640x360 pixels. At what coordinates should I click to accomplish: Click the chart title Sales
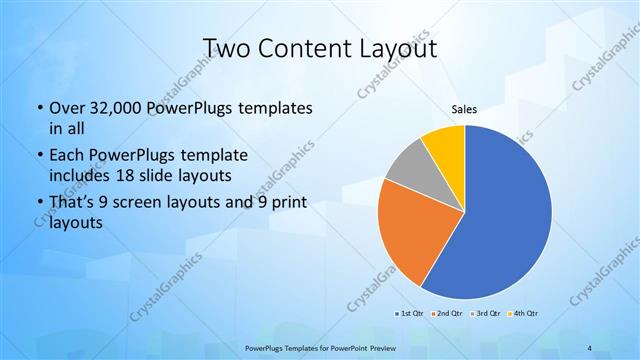[x=464, y=110]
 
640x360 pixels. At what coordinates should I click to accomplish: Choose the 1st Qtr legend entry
[x=409, y=314]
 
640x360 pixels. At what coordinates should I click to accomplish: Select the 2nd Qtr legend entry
[x=446, y=314]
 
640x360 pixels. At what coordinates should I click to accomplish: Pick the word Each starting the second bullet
[x=66, y=156]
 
